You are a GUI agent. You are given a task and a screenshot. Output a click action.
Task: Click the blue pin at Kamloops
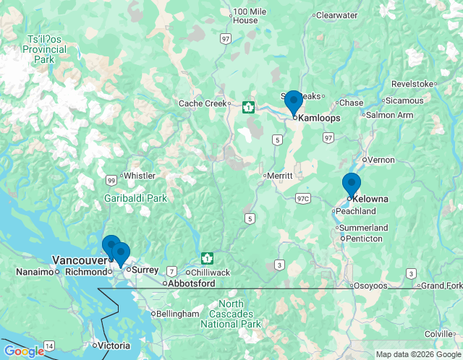point(293,103)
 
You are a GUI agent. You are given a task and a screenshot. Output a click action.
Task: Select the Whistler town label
point(139,176)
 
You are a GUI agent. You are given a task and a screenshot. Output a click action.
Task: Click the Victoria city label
point(115,346)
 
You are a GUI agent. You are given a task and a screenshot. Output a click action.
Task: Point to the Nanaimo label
point(35,272)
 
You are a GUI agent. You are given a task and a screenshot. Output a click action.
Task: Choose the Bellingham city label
point(178,314)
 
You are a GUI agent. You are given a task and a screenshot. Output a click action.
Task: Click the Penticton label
point(365,239)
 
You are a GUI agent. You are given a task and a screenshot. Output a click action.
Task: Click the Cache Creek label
point(203,103)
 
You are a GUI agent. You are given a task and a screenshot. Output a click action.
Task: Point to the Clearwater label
point(337,14)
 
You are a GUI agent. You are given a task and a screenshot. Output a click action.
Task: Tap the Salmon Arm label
point(389,115)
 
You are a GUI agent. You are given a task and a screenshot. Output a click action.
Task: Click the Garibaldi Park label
point(135,197)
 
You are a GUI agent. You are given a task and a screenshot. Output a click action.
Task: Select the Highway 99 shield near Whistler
point(111,180)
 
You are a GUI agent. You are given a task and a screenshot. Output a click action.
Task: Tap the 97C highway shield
point(302,198)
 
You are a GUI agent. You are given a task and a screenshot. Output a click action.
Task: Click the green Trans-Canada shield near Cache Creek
point(248,108)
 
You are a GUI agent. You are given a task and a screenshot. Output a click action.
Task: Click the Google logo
point(24,351)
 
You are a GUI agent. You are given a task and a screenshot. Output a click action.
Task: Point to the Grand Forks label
point(442,286)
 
